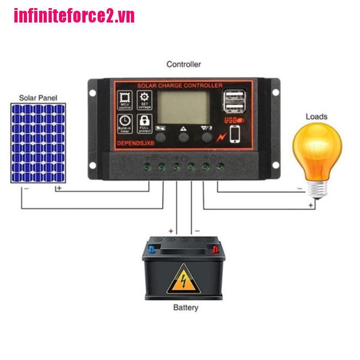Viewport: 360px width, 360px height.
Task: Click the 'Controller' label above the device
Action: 184,64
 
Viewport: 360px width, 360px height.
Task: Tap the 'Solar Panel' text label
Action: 38,97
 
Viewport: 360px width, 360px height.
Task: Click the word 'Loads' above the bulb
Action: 316,117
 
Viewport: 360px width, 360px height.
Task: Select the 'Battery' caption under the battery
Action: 185,308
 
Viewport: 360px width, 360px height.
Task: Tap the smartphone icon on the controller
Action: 235,133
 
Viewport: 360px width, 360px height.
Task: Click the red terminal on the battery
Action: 216,248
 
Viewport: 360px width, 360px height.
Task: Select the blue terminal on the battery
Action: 152,248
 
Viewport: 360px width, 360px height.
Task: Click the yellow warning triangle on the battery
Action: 183,279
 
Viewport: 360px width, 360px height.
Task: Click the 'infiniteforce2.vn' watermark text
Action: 74,16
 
